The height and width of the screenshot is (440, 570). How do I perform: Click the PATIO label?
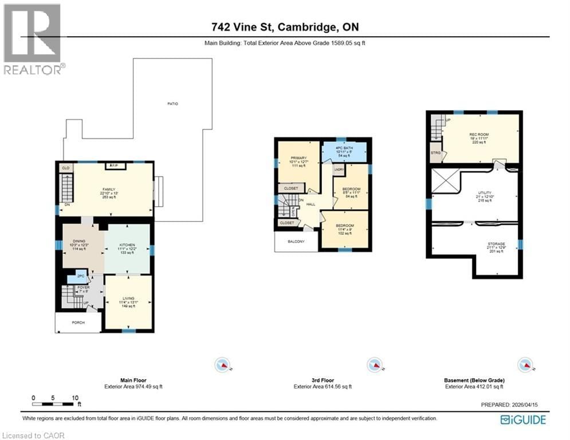(172, 104)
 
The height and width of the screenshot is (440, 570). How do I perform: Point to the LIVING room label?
(128, 298)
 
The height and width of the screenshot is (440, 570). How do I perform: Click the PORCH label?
(78, 323)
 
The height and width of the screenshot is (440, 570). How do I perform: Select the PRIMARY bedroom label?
(298, 158)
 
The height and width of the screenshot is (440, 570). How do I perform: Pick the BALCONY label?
(296, 242)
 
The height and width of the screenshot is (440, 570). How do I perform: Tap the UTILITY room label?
(485, 193)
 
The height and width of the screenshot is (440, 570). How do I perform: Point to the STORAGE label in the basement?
(496, 244)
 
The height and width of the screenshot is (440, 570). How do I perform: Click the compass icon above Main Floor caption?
(222, 365)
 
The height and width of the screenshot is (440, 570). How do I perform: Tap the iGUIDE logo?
(522, 420)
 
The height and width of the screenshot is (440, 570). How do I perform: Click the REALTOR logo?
(33, 39)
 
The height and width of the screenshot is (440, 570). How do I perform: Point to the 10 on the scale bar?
(75, 398)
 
